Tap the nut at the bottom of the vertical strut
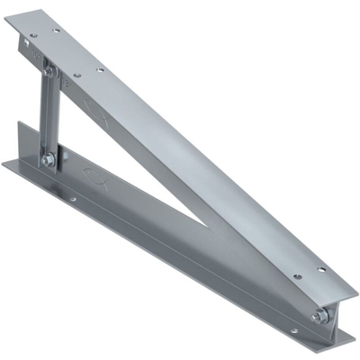click(x=47, y=159)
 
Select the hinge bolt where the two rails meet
click(x=319, y=317)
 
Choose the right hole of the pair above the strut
click(x=99, y=68)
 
